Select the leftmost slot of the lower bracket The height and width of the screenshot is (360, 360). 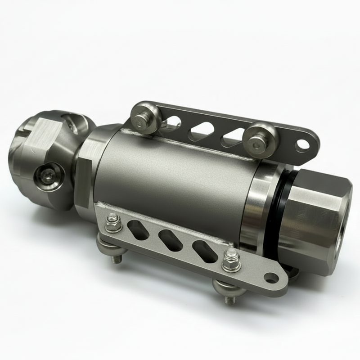click(x=138, y=228)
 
